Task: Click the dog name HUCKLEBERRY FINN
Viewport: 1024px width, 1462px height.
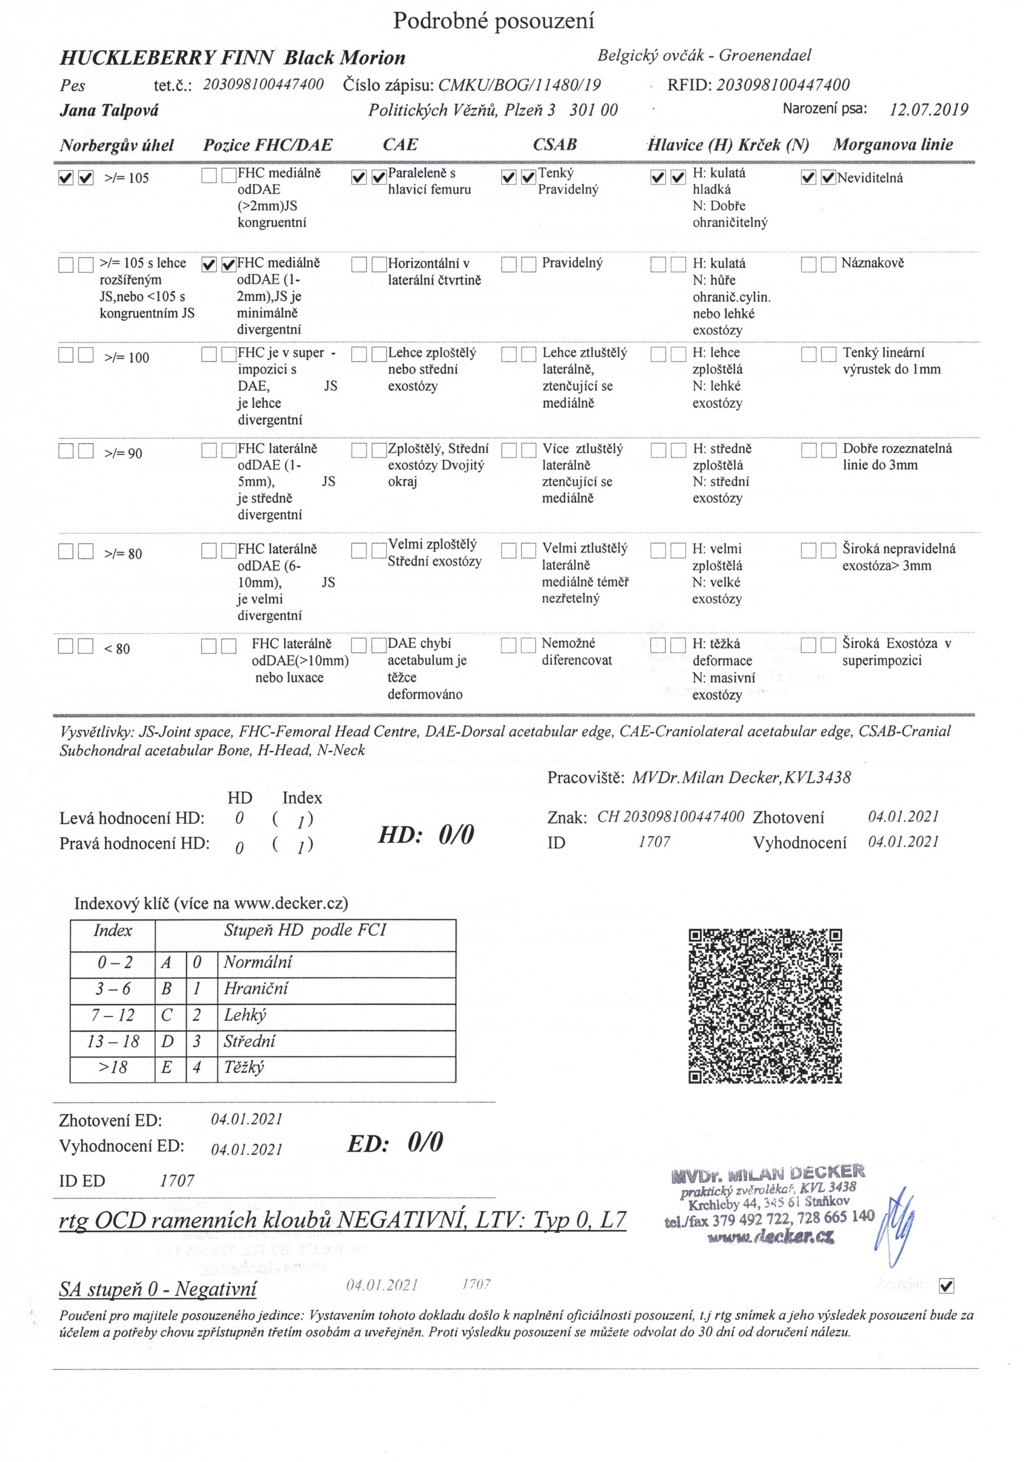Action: (167, 58)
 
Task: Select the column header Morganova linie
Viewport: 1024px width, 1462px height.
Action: (893, 145)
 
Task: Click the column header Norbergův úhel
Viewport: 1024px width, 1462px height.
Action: (116, 145)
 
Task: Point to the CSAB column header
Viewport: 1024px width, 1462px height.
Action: (554, 145)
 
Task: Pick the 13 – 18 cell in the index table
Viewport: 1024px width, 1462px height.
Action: (113, 1041)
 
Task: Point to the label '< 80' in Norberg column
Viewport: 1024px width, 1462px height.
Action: (116, 649)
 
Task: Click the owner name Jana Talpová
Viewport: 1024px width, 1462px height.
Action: (109, 110)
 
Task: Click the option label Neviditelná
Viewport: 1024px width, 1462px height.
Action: (869, 178)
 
